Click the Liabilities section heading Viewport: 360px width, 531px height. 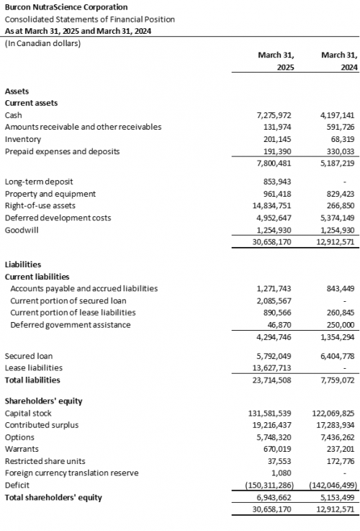pos(22,264)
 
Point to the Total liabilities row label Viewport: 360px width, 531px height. pos(32,380)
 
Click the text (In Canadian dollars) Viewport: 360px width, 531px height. pos(42,43)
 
